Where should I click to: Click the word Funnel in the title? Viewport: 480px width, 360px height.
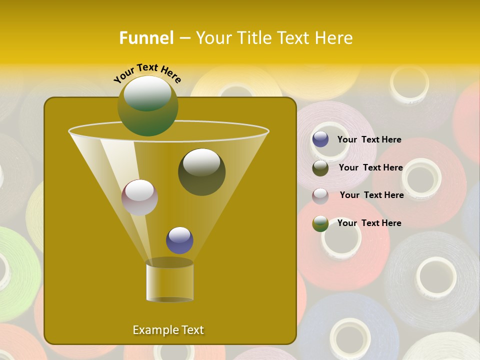click(x=146, y=38)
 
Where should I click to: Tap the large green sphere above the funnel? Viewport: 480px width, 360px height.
click(x=147, y=105)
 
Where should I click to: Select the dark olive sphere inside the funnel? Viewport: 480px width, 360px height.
click(x=201, y=171)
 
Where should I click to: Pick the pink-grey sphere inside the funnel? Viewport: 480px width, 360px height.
click(x=139, y=197)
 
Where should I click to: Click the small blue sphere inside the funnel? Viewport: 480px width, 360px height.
click(x=179, y=240)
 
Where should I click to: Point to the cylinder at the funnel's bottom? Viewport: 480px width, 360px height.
click(x=169, y=281)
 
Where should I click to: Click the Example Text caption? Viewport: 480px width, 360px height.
click(x=168, y=330)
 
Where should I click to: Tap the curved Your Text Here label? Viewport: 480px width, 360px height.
click(x=147, y=72)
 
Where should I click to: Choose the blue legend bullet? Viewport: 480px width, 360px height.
click(x=320, y=139)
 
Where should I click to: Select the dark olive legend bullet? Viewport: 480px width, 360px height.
click(x=320, y=168)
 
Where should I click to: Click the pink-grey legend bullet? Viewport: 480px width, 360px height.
click(x=320, y=195)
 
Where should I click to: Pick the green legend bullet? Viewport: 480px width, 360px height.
click(x=320, y=223)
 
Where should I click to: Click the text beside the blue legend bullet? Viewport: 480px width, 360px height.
click(x=369, y=139)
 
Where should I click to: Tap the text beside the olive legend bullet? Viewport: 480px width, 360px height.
click(x=370, y=167)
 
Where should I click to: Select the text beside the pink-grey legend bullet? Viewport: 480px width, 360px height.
click(x=371, y=195)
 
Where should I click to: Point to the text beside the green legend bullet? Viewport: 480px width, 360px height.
click(x=369, y=223)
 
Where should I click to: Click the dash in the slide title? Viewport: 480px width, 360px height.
click(x=184, y=38)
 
